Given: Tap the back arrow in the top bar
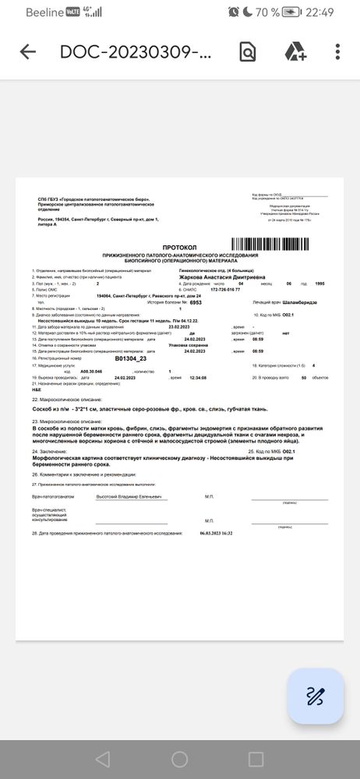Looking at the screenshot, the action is pos(28,52).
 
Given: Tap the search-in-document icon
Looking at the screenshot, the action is pos(247,52).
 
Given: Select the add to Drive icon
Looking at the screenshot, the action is pos(295,52).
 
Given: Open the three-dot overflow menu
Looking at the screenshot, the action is pos(337,52).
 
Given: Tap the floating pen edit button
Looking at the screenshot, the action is pos(315,696).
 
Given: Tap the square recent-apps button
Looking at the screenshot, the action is pos(256,759).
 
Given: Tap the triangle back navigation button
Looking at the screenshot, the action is pos(102,759).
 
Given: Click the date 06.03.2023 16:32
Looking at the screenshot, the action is pos(216,534).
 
